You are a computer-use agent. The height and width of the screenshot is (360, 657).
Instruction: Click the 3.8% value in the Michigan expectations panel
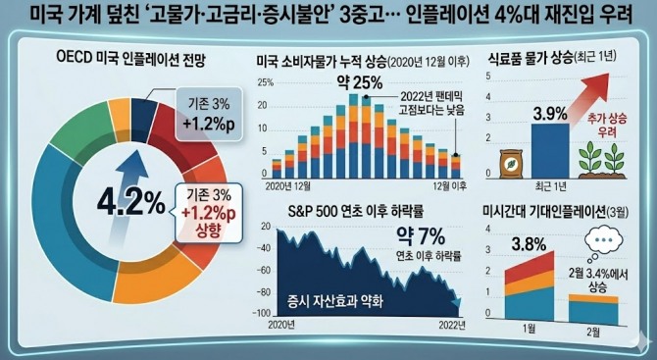[x=523, y=243]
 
